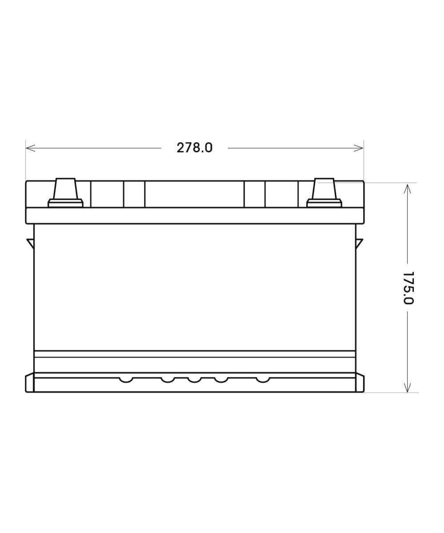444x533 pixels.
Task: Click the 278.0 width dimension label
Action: [x=194, y=148]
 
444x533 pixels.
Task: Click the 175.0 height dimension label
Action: [x=408, y=288]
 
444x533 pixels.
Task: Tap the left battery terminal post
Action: [x=66, y=189]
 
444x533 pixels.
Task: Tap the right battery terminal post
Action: [x=324, y=189]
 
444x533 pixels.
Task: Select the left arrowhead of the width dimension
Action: [x=31, y=148]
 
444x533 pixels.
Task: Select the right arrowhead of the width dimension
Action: [x=358, y=148]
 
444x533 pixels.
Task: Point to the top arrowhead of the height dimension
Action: [x=408, y=189]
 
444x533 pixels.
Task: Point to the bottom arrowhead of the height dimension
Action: [x=408, y=387]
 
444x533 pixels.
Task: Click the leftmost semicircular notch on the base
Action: [x=126, y=380]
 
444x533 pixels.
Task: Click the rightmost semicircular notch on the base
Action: [x=263, y=380]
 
